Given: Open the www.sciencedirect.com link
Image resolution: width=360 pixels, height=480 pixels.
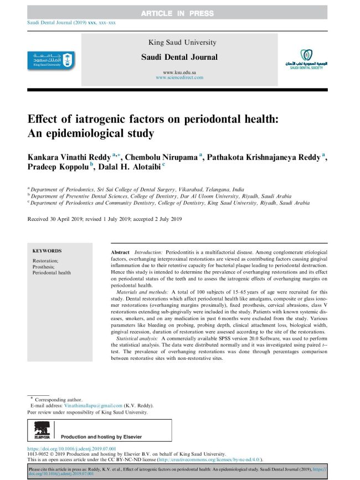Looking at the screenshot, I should [x=179, y=78].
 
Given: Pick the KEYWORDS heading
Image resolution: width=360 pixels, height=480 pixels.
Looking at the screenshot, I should [x=47, y=251].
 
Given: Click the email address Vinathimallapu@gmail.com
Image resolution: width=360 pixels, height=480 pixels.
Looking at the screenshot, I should [x=92, y=406].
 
